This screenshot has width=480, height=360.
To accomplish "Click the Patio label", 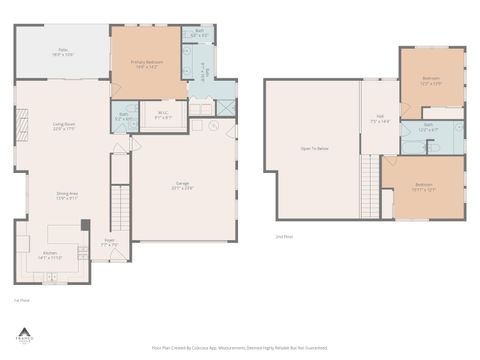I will (x=62, y=50).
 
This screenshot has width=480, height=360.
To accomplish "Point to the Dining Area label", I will (x=67, y=195).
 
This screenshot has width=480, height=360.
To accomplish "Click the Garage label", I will (x=183, y=185).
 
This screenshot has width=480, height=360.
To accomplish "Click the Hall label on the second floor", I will (x=380, y=119).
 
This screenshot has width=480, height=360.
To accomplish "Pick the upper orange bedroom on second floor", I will (x=431, y=80).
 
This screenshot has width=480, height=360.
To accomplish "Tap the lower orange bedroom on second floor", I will (x=424, y=186).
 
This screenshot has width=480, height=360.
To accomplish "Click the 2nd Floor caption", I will (x=284, y=236).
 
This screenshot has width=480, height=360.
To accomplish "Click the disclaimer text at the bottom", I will (x=239, y=347).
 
